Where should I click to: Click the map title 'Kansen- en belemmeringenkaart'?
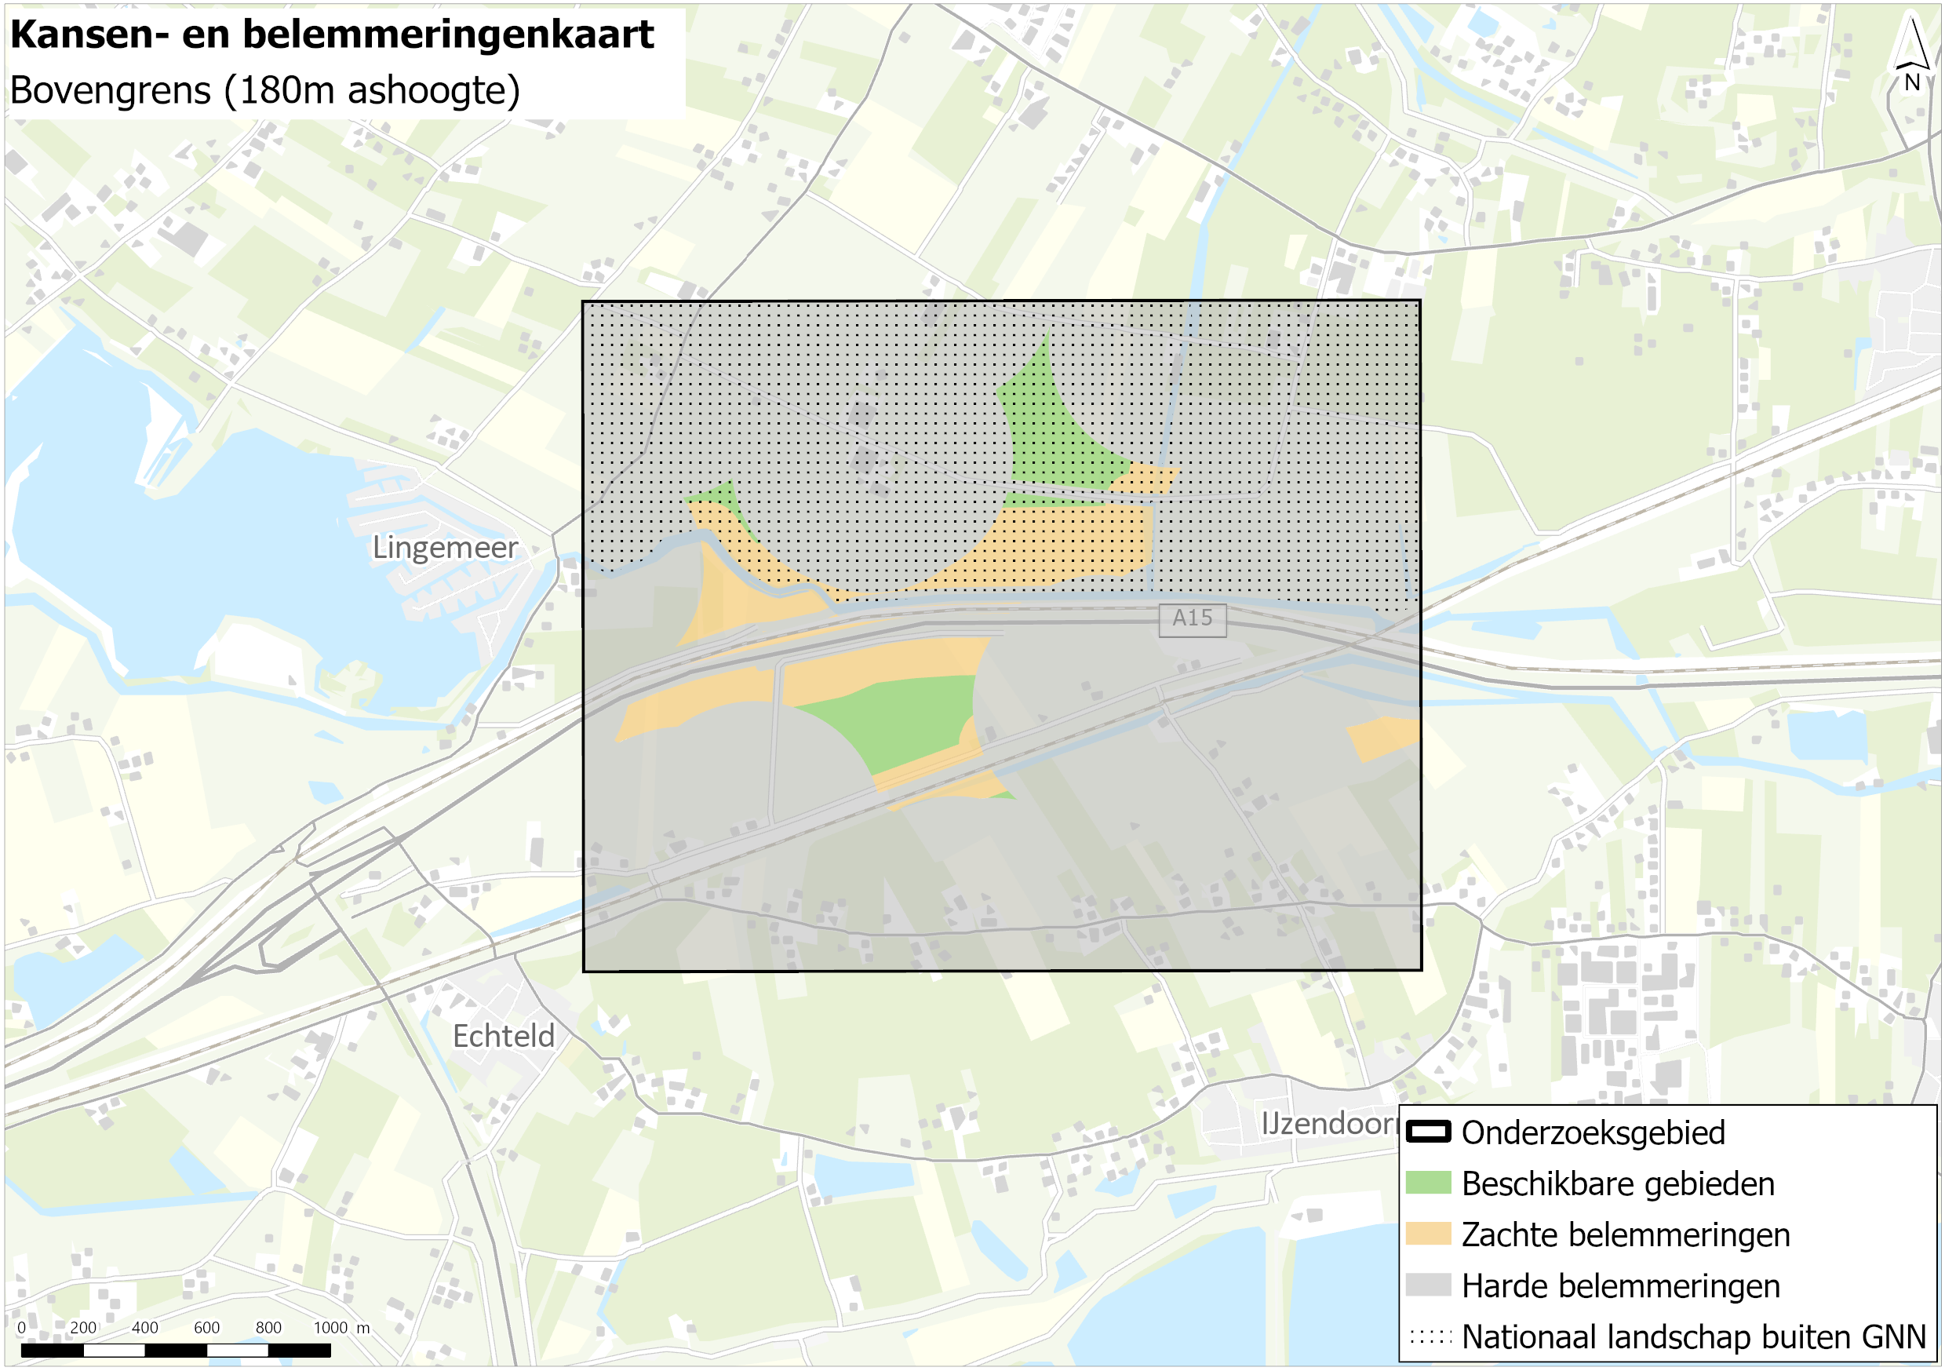pos(331,35)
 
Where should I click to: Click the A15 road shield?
pos(1192,618)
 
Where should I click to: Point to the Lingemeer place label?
pos(445,548)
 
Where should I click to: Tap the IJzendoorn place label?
pos(1328,1125)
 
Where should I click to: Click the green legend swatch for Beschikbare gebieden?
pos(1428,1183)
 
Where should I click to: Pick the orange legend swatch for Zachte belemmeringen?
pos(1428,1234)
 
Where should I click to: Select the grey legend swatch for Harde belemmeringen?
pos(1428,1285)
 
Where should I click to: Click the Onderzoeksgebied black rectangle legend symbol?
pos(1428,1132)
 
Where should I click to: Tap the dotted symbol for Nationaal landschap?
pos(1428,1337)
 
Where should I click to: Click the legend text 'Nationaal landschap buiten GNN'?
pos(1693,1337)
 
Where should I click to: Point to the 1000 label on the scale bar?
pos(330,1328)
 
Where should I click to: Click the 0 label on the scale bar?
pos(21,1328)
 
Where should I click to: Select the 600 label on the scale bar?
pos(206,1328)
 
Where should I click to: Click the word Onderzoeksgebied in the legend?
pos(1593,1133)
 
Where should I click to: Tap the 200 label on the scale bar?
pos(83,1328)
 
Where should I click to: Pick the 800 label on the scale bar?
pos(268,1328)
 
